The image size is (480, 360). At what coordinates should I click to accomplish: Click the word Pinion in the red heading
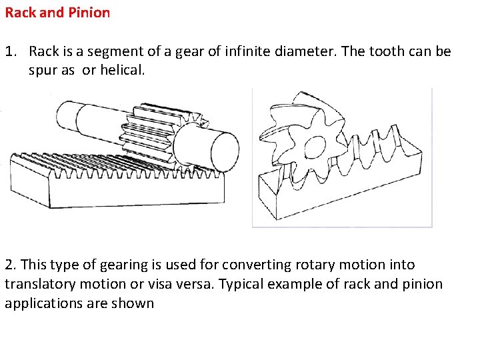click(89, 13)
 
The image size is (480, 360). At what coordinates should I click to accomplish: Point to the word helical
click(123, 70)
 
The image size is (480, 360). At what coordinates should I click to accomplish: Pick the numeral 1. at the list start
click(11, 51)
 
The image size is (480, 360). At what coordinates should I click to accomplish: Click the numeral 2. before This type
click(11, 265)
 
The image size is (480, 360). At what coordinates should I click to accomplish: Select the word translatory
click(40, 285)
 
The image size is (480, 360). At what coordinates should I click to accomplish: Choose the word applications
click(43, 304)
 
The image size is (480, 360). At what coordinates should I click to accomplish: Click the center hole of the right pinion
click(315, 147)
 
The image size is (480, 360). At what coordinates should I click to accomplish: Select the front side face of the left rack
click(137, 191)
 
